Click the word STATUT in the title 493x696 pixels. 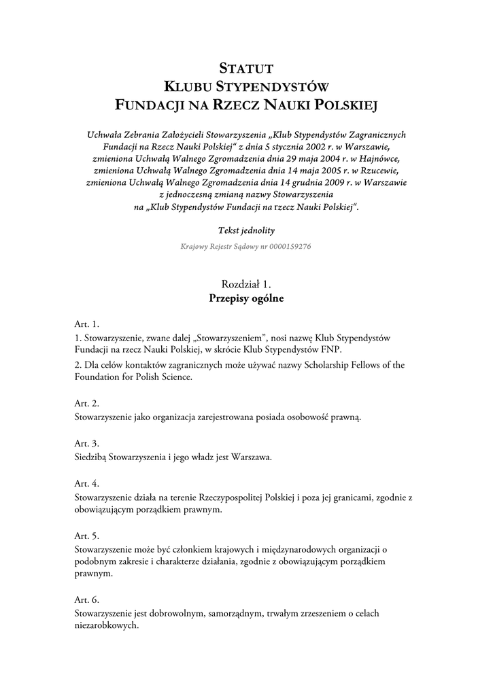(246, 68)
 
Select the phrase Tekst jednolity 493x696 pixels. (246, 230)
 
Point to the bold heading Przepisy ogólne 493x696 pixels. (246, 298)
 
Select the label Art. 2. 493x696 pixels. (86, 403)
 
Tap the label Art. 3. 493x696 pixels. (86, 443)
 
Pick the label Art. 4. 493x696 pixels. (86, 483)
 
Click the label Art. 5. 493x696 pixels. (86, 535)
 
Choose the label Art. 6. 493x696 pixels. (86, 599)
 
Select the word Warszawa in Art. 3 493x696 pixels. (252, 457)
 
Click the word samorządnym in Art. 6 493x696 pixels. (235, 613)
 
